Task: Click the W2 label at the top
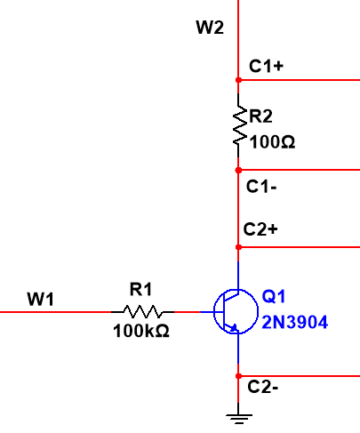(210, 28)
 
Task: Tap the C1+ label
(266, 67)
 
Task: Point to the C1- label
(264, 188)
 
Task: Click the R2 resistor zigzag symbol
(238, 124)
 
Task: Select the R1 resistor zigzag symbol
(142, 312)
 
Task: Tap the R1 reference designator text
(141, 289)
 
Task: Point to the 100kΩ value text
(141, 331)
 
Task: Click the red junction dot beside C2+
(238, 246)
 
